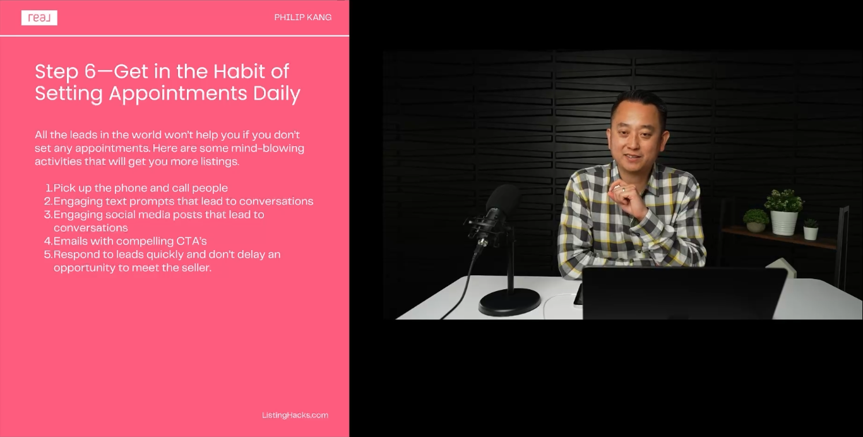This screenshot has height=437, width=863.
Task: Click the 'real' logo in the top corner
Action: point(39,18)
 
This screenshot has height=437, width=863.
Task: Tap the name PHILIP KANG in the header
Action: point(303,17)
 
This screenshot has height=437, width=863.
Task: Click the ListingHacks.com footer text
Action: point(295,415)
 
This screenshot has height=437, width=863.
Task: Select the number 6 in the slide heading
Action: point(90,72)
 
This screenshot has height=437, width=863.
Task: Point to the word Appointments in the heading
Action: point(178,94)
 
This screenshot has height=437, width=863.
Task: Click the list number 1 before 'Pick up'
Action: point(49,188)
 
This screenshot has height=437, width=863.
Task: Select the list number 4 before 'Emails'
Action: point(48,241)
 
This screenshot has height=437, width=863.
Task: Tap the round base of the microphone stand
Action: point(509,301)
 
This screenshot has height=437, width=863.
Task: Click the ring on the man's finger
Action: point(623,189)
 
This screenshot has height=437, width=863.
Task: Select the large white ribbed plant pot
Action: point(783,223)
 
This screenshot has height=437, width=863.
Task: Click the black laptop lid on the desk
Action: point(684,293)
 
